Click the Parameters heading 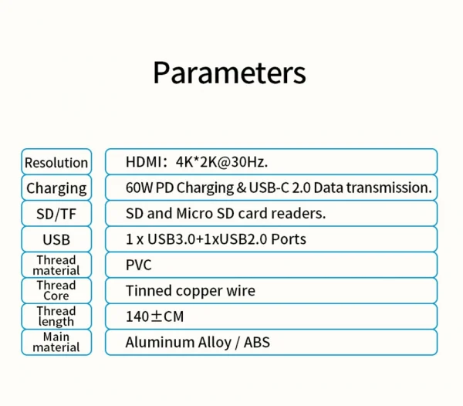(x=229, y=73)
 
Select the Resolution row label (x=56, y=162)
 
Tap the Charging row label (x=56, y=188)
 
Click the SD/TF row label (x=56, y=214)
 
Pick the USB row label (x=56, y=240)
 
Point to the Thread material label (x=56, y=266)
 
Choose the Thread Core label (x=56, y=291)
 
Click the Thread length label (x=56, y=316)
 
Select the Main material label (x=56, y=342)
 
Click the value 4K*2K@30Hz (x=221, y=161)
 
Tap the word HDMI (x=143, y=161)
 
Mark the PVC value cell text (x=139, y=266)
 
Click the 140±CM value (x=154, y=316)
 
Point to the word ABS (x=256, y=342)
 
